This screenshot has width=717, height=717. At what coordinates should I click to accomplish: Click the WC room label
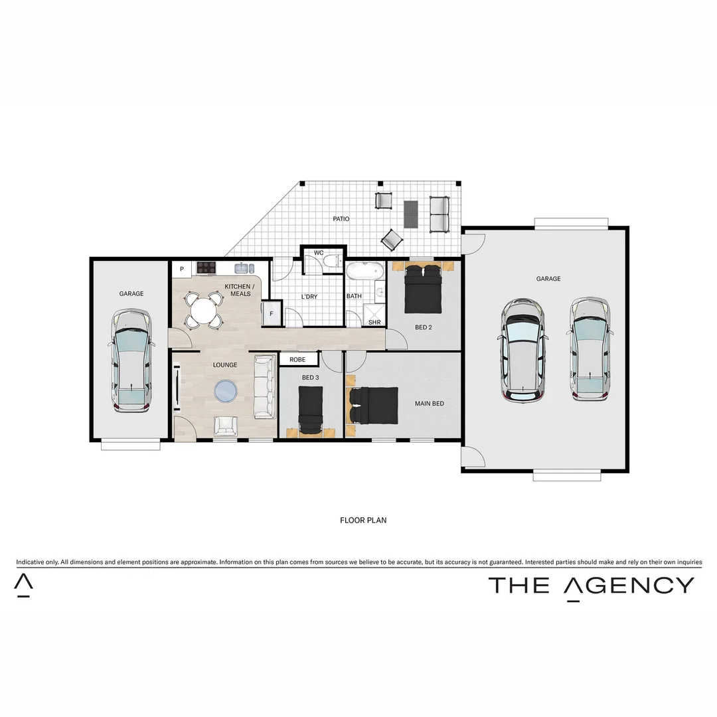coord(319,253)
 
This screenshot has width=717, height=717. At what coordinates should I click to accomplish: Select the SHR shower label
coord(374,322)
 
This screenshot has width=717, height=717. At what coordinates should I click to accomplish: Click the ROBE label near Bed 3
coord(297,359)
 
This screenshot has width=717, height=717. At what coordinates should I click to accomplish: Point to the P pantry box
coord(181,269)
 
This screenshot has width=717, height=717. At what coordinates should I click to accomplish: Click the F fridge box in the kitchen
coord(271,314)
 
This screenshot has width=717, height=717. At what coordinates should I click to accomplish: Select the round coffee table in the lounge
coord(225,390)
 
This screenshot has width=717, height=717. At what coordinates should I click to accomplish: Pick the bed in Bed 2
coord(423,289)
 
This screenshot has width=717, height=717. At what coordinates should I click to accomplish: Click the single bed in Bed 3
coord(310,410)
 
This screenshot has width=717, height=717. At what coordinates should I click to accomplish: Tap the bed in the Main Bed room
coord(373,405)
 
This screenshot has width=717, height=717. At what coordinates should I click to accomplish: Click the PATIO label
coord(341,218)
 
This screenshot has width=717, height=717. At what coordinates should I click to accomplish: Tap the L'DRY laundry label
coord(309,296)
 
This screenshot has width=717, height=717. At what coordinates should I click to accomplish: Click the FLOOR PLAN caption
coord(363,520)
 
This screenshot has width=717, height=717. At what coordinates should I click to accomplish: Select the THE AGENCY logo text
coord(591,585)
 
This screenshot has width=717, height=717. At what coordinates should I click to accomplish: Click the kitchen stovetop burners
coord(207,268)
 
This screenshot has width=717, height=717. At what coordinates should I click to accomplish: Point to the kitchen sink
coord(244,268)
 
